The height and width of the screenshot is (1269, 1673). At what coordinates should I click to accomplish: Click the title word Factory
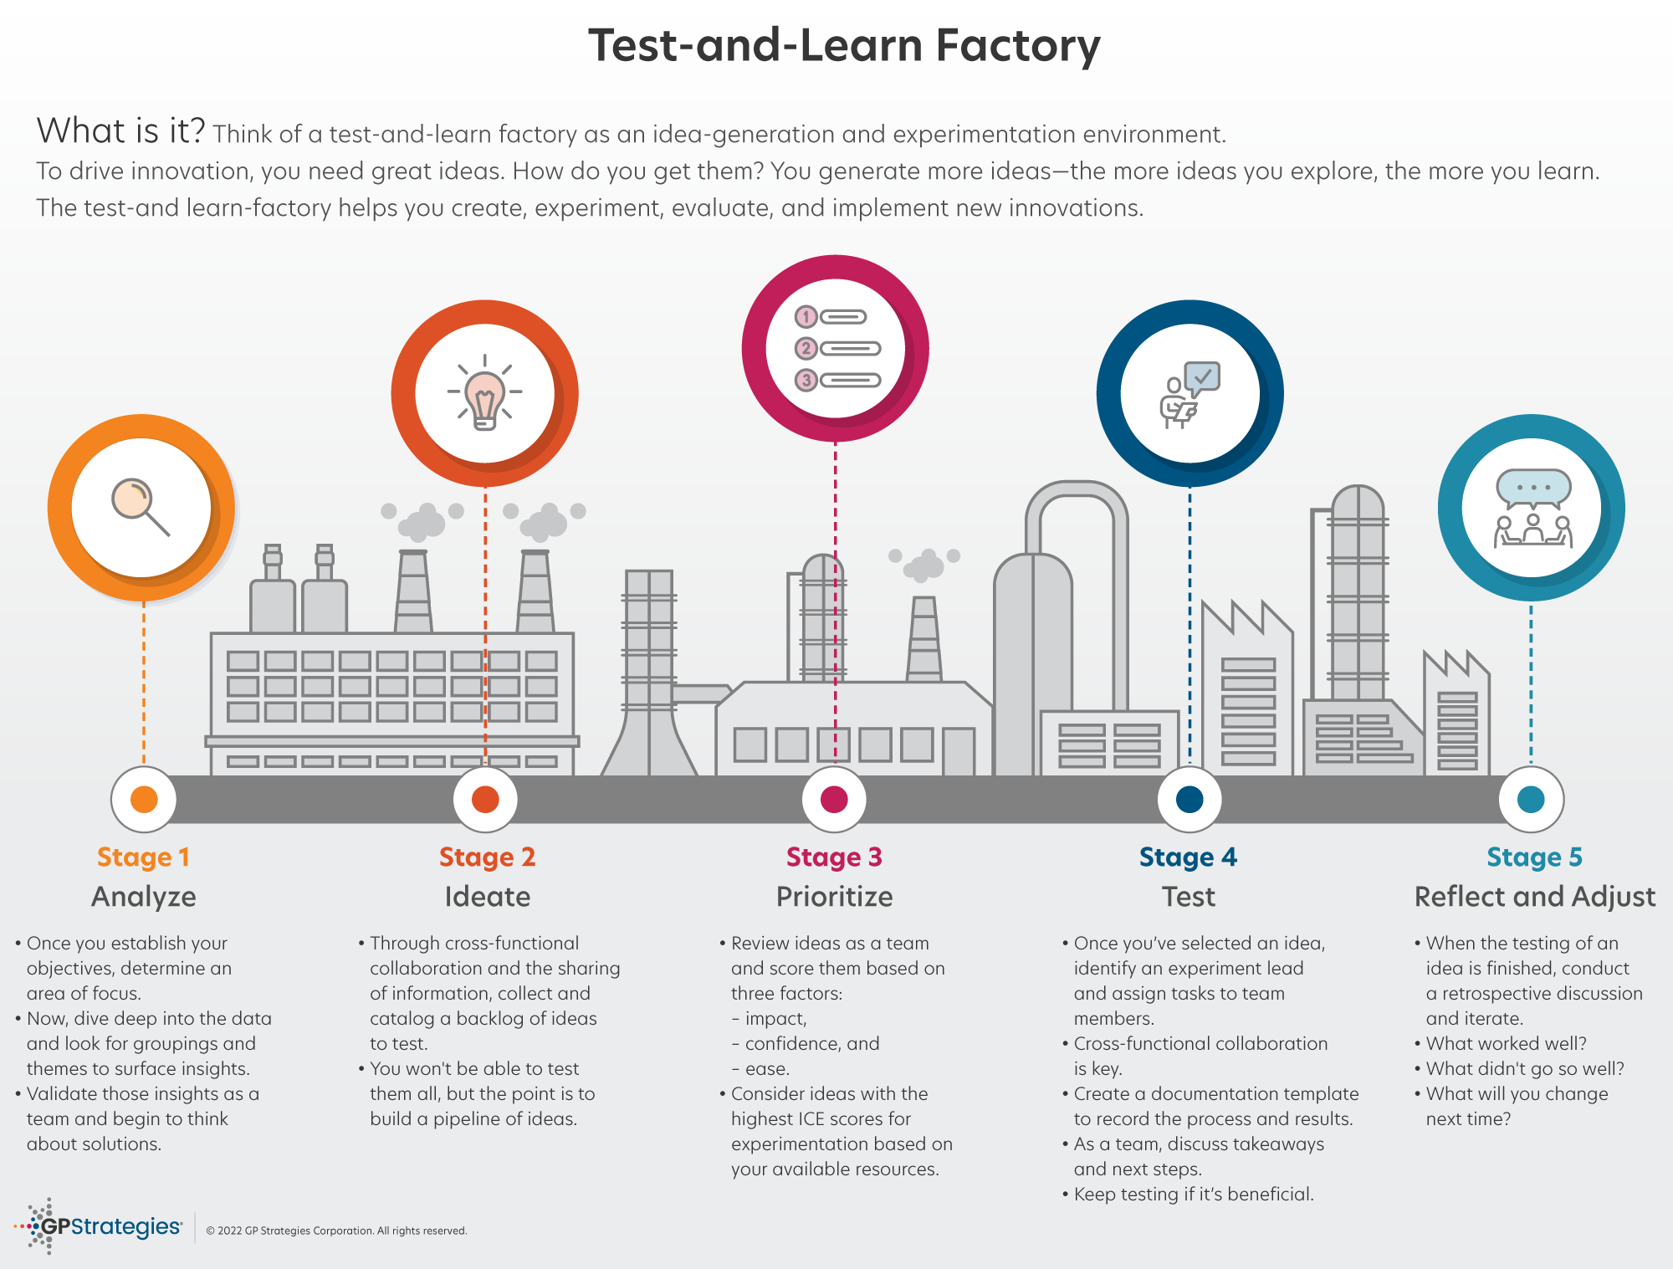point(1017,46)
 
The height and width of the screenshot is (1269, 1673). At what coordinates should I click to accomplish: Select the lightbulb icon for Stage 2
point(485,395)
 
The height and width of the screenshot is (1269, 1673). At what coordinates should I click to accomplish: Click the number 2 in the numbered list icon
point(806,348)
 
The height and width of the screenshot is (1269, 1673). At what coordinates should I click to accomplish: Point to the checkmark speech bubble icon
point(1202,378)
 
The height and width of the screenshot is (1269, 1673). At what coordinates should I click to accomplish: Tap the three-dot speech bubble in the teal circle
point(1532,488)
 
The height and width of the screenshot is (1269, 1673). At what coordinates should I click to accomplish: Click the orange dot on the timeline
point(144,799)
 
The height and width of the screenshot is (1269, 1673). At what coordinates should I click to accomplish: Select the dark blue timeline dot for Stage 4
point(1189,799)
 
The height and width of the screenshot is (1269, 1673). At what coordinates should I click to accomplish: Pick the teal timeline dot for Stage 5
point(1531,799)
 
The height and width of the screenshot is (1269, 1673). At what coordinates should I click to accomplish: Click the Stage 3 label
point(834,857)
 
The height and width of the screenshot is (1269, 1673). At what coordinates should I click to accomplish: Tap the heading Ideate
point(487,897)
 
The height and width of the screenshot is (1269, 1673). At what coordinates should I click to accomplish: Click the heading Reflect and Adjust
point(1534,897)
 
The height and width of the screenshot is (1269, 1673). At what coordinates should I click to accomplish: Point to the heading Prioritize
point(834,897)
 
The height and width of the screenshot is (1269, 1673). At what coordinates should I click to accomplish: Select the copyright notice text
point(336,1231)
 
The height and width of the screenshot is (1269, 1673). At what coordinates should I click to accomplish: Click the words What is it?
point(120,131)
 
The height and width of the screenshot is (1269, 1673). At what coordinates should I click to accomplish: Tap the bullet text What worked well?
point(1506,1044)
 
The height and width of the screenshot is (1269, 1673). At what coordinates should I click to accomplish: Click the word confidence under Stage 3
point(792,1044)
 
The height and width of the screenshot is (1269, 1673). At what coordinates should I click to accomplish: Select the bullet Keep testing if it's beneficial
point(1193,1195)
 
